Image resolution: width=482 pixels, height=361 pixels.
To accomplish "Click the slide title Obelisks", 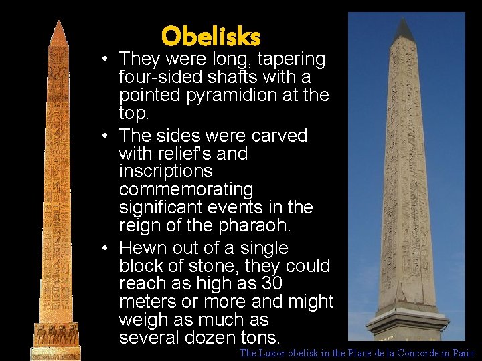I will tap(210, 36).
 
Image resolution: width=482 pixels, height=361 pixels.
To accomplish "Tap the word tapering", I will tap(291, 59).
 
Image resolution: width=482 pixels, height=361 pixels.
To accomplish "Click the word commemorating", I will tap(185, 190).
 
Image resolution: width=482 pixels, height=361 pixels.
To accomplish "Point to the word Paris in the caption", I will tap(462, 353).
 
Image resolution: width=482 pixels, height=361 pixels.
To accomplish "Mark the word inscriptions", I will tap(166, 172).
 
